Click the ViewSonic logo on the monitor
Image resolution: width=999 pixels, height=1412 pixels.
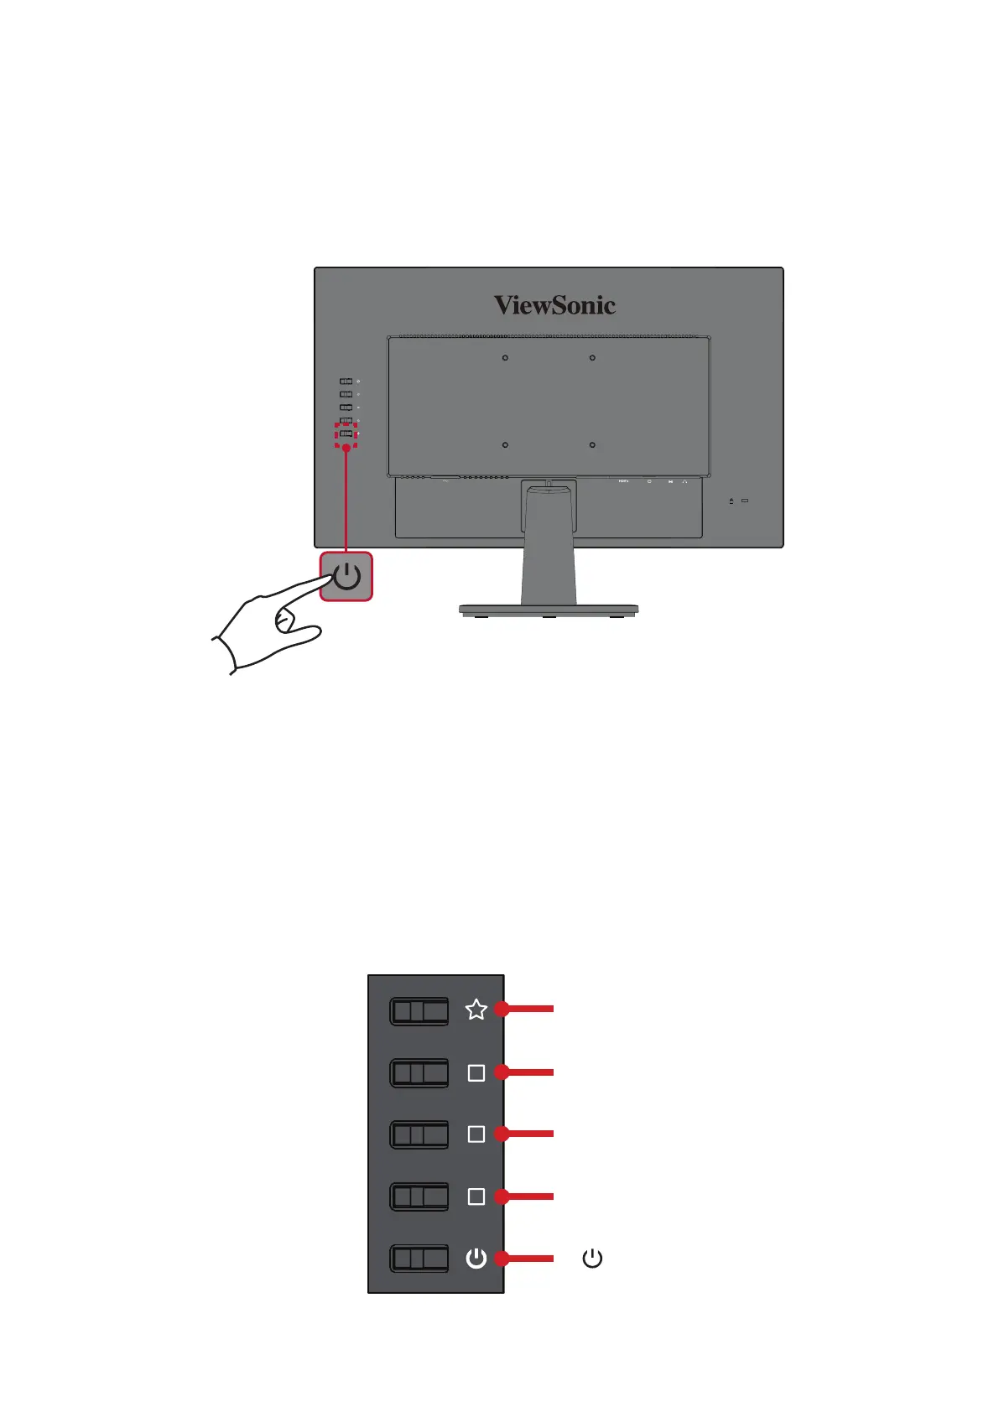pos(554,305)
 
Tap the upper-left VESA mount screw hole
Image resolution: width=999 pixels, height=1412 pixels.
pos(505,358)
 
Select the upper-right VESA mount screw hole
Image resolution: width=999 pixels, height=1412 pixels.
pos(592,358)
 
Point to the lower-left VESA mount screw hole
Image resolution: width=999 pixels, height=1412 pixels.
pos(505,445)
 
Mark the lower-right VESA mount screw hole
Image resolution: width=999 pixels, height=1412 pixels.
pos(592,445)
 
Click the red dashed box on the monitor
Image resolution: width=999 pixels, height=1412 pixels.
pos(346,434)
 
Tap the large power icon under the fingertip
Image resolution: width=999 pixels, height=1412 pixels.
pos(346,577)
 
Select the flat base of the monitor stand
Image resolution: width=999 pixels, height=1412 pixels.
pos(548,610)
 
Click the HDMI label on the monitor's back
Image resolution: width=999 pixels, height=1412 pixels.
pos(623,481)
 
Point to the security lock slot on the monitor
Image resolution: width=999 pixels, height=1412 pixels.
pos(745,501)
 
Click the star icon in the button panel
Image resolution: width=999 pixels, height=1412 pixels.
pos(476,1010)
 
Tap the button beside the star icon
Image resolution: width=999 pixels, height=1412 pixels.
pos(419,1011)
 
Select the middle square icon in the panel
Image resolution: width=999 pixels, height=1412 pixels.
pos(476,1134)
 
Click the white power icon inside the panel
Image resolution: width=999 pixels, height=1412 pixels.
pos(476,1258)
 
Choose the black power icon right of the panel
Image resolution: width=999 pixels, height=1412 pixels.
pos(592,1258)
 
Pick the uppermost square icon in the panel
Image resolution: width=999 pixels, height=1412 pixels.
pos(476,1072)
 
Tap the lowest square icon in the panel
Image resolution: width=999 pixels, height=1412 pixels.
pos(476,1197)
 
